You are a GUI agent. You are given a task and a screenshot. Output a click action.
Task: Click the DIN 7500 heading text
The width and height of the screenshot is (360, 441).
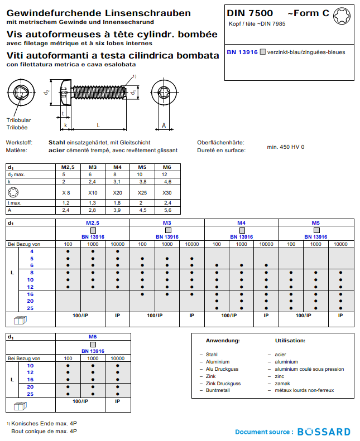[250, 13]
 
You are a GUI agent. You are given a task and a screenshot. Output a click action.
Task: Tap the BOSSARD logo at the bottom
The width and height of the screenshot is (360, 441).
[324, 432]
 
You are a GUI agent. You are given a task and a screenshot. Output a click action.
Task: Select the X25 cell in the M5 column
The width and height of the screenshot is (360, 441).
[142, 192]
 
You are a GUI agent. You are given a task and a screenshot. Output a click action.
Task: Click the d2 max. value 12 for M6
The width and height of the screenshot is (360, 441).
[166, 175]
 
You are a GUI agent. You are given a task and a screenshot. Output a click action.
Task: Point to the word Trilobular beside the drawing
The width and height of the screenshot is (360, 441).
[18, 120]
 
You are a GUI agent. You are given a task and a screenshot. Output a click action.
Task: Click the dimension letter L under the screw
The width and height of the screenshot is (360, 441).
[98, 125]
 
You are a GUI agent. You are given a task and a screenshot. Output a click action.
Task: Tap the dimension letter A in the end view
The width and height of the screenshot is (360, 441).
[164, 125]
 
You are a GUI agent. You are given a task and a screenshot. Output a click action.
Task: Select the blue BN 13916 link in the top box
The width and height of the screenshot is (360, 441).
[242, 52]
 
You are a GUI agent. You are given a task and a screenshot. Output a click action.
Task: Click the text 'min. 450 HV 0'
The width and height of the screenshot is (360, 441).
[286, 147]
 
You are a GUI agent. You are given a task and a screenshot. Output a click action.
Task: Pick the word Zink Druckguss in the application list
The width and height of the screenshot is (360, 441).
[223, 384]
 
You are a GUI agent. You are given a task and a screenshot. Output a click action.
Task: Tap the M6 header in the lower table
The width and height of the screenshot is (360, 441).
[93, 337]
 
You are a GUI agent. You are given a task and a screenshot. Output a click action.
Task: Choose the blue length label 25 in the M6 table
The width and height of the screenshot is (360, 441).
[30, 394]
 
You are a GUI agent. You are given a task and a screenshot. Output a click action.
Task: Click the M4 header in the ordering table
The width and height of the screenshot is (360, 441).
[241, 222]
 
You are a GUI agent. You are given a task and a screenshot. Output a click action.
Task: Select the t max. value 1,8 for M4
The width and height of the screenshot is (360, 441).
[117, 203]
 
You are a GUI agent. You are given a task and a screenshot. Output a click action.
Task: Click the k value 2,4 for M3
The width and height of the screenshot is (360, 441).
[93, 182]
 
